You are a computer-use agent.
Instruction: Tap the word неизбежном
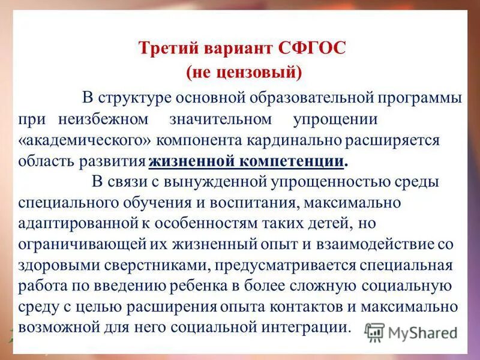point(103,119)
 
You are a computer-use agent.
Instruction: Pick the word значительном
point(220,119)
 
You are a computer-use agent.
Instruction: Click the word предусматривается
point(280,266)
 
